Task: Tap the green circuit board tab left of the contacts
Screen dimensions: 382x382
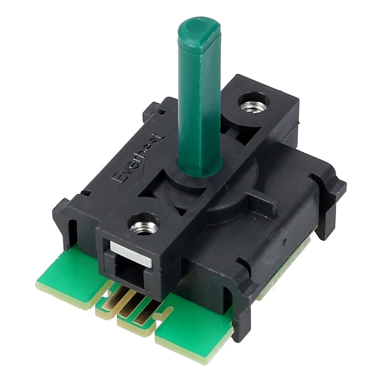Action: (x=72, y=277)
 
